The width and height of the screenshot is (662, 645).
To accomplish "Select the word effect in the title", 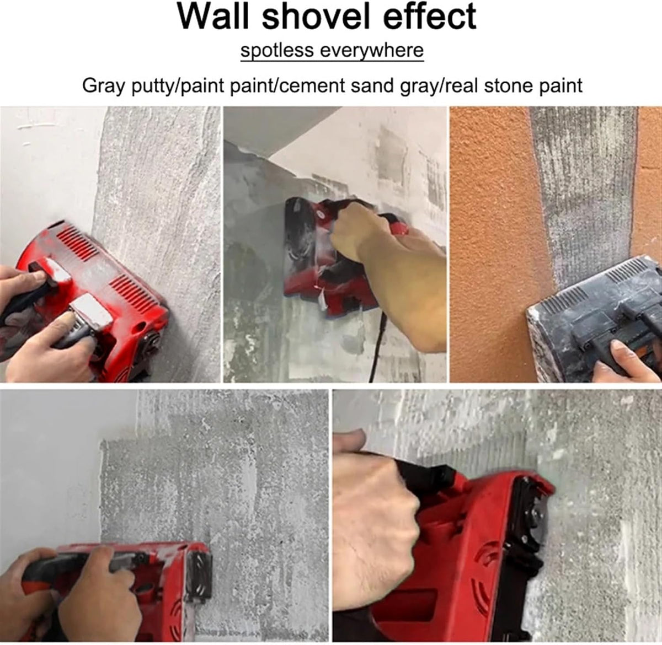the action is pos(429,17).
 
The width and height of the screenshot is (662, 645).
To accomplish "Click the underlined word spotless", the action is pos(277,50).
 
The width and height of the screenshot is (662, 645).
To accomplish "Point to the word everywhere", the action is pos(372,51).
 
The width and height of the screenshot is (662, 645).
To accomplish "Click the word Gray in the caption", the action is pos(104,85).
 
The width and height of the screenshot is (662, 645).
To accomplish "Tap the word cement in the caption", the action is pos(312,85).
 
